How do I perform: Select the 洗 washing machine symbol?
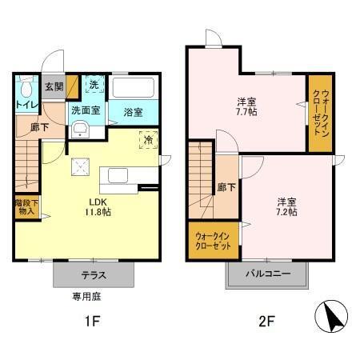93,86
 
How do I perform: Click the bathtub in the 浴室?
134,88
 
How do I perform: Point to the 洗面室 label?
86,110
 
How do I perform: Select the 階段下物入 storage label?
25,207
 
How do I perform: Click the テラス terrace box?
94,274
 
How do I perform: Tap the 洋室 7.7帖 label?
246,107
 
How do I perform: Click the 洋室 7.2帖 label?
287,206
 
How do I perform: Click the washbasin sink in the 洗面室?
80,131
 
